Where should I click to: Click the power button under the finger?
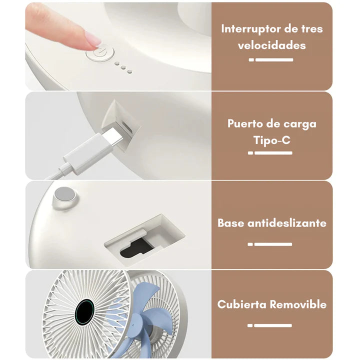pyautogui.click(x=100, y=54)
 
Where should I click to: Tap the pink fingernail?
pyautogui.click(x=93, y=38)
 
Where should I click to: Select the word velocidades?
pyautogui.click(x=272, y=45)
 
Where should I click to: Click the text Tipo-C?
pyautogui.click(x=272, y=140)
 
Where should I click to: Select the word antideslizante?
pyautogui.click(x=287, y=223)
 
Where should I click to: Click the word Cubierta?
pyautogui.click(x=242, y=304)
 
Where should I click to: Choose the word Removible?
pyautogui.click(x=298, y=304)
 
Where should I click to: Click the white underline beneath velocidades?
pyautogui.click(x=271, y=60)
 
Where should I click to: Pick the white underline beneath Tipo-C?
pyautogui.click(x=270, y=153)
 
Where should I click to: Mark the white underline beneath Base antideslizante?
pyautogui.click(x=270, y=244)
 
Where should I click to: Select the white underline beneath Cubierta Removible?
pyautogui.click(x=269, y=325)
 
